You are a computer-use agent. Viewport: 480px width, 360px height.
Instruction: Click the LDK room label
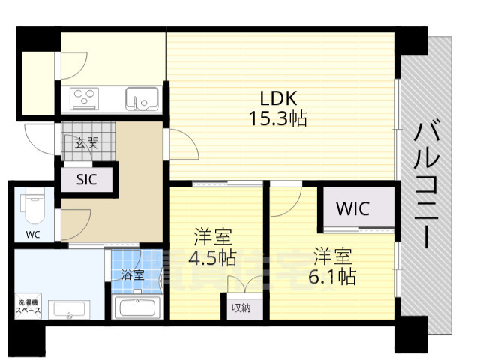pyautogui.click(x=279, y=97)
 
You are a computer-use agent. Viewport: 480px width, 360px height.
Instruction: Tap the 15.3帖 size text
pyautogui.click(x=279, y=118)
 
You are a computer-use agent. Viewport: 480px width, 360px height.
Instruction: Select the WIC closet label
pyautogui.click(x=352, y=209)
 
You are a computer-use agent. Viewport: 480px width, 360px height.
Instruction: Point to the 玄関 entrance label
pyautogui.click(x=86, y=143)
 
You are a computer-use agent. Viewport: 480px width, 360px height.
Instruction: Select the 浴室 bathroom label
pyautogui.click(x=133, y=274)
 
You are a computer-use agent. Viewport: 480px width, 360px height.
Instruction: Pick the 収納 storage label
pyautogui.click(x=241, y=307)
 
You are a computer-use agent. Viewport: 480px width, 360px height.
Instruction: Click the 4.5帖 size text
pyautogui.click(x=211, y=259)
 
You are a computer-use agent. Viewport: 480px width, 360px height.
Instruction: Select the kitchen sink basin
pyautogui.click(x=141, y=97)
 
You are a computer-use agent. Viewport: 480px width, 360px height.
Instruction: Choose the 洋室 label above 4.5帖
pyautogui.click(x=211, y=238)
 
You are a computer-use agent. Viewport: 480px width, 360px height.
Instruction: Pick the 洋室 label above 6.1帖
pyautogui.click(x=331, y=255)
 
